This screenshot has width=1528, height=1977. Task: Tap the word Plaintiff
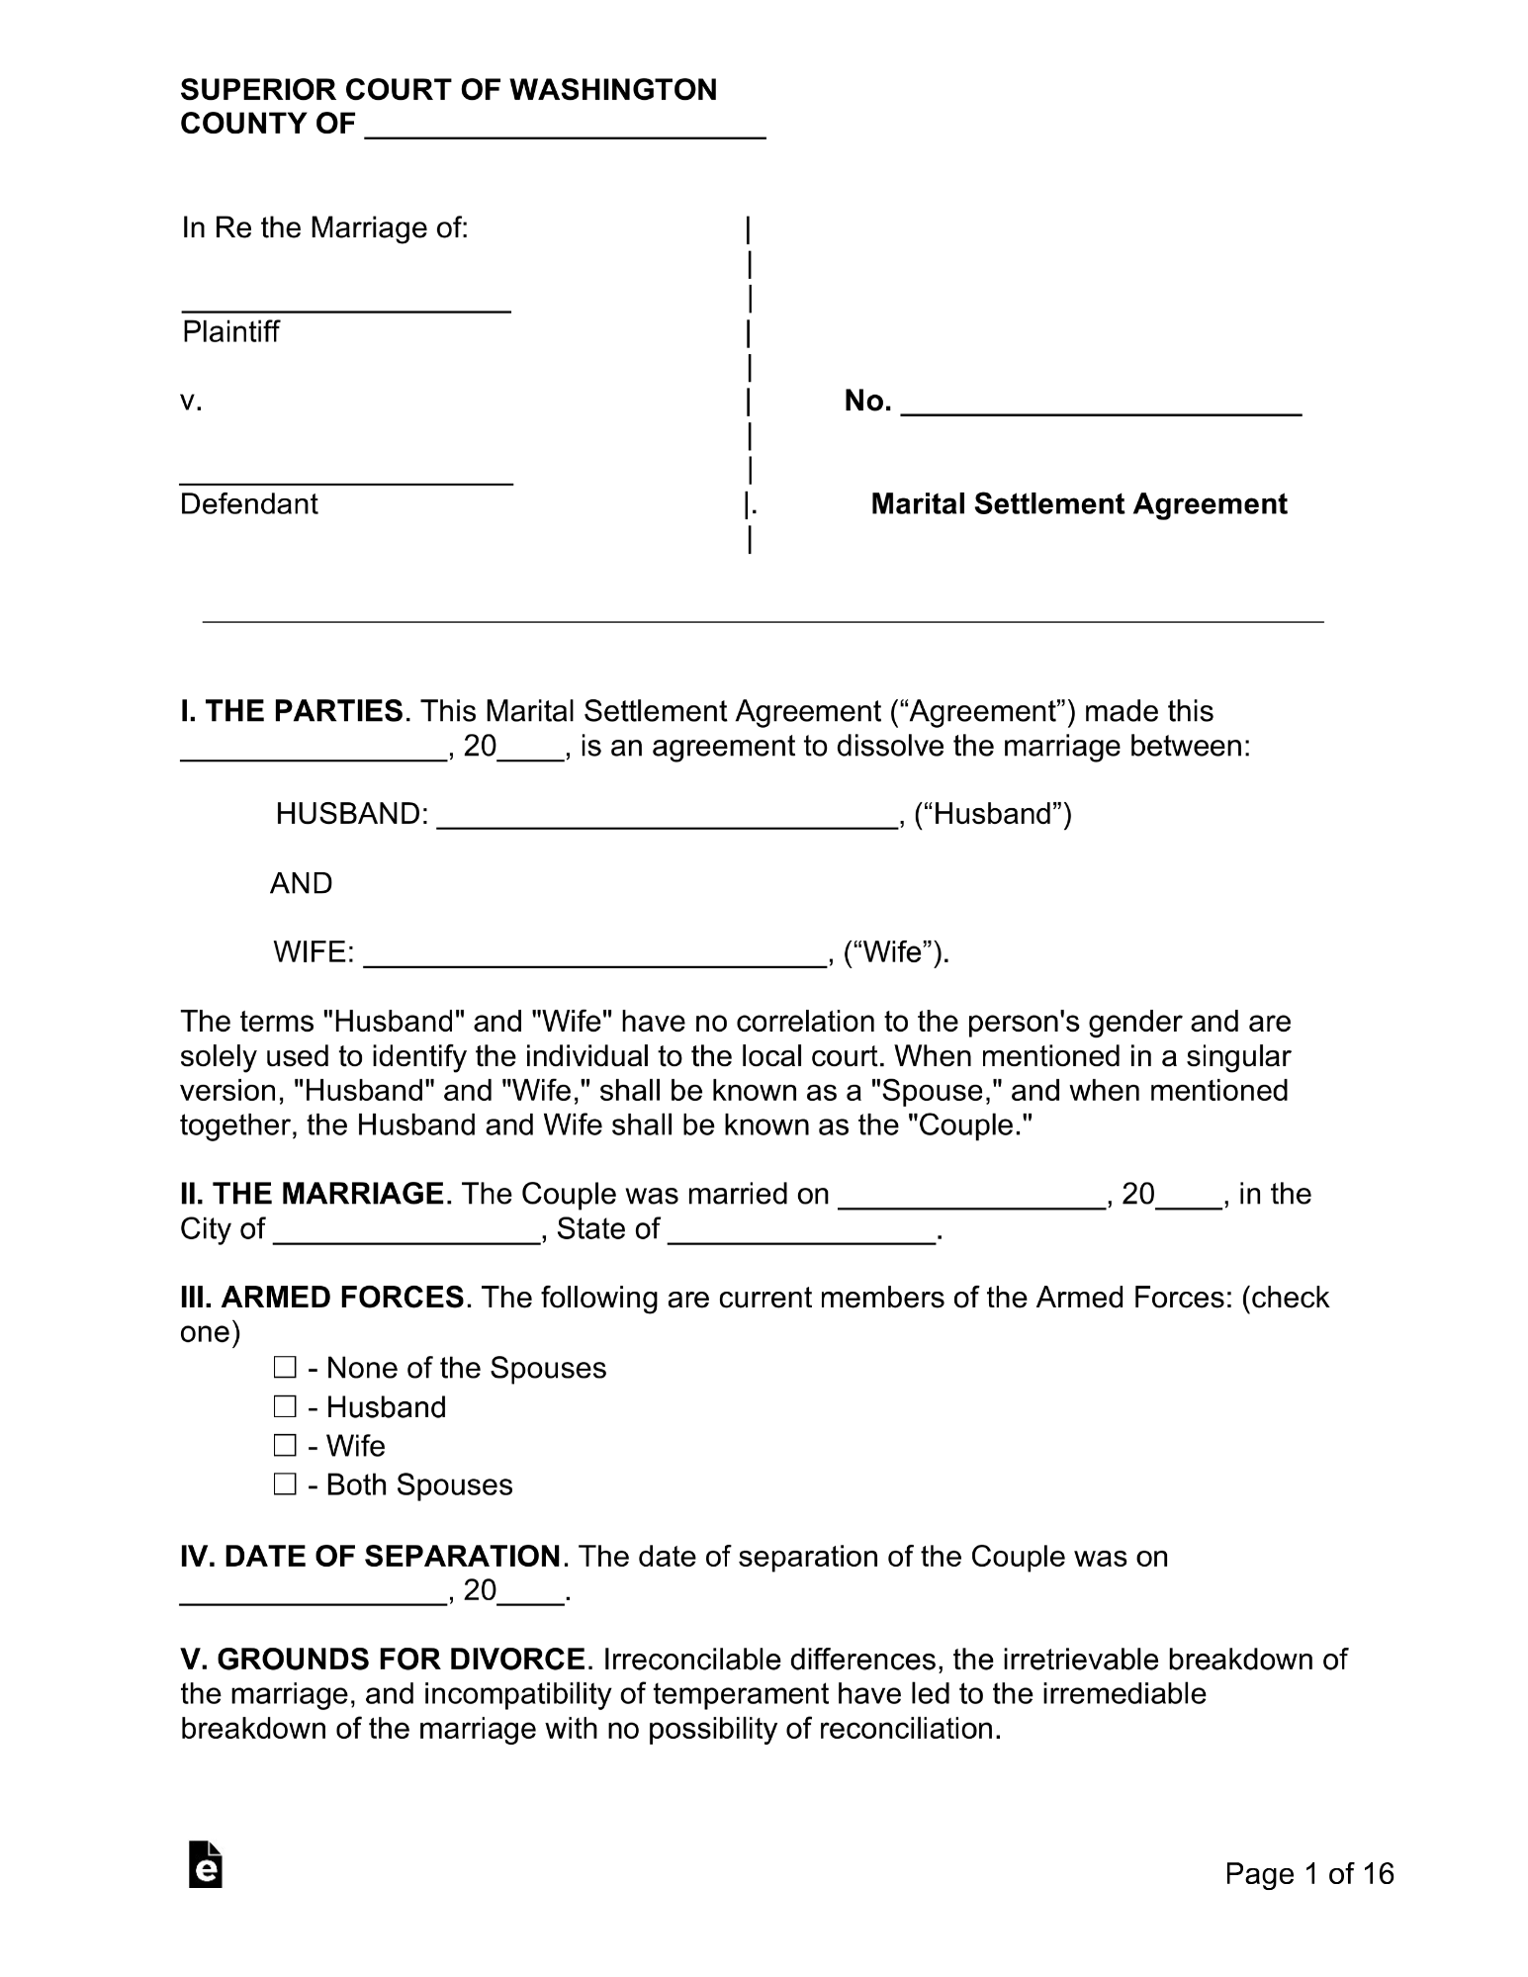point(230,331)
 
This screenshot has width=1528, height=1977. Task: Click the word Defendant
point(248,504)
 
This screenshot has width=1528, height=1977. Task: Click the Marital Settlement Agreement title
point(1078,504)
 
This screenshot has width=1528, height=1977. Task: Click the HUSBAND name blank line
point(666,817)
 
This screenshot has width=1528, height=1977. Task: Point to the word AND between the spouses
point(301,883)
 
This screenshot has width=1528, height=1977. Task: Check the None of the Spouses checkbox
point(285,1368)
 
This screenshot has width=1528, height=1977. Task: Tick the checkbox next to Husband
point(285,1406)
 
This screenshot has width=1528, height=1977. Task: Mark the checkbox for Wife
point(285,1446)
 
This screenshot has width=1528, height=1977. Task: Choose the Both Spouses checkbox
point(285,1484)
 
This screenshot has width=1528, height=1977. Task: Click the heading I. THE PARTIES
point(292,711)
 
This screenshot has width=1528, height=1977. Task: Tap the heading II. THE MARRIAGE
point(312,1194)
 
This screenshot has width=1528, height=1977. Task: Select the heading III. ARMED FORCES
point(321,1297)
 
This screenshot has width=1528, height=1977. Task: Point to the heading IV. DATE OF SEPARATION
point(370,1557)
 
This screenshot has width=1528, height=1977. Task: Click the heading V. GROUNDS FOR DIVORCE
point(383,1660)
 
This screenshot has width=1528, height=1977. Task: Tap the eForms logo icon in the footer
point(205,1864)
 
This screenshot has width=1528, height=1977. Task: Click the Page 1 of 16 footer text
point(1308,1873)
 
